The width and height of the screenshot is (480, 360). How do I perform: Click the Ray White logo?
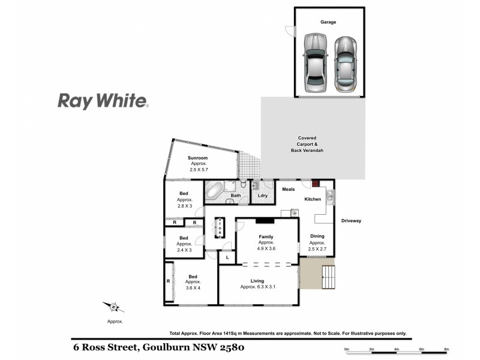103,101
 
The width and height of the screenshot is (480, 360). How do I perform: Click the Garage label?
328,22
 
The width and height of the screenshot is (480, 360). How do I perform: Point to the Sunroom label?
199,158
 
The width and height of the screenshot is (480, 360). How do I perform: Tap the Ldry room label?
262,196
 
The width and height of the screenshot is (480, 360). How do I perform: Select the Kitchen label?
313,199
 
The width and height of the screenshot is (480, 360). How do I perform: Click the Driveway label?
351,221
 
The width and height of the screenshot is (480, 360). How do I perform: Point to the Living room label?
257,281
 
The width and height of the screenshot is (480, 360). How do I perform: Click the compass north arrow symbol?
113,308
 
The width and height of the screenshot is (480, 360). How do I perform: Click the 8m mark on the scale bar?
446,349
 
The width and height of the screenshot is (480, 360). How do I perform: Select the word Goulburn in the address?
164,347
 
